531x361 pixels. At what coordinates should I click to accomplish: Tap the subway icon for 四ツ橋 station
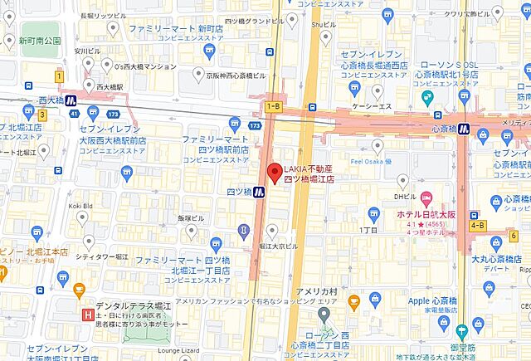[x=259, y=193]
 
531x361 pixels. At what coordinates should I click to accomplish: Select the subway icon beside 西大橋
[x=71, y=102]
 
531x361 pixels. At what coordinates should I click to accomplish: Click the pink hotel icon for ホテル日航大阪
[x=426, y=198]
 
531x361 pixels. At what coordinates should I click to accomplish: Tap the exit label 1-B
[x=273, y=106]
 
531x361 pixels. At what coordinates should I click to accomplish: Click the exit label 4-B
[x=478, y=225]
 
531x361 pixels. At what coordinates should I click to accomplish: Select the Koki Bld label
[x=81, y=205]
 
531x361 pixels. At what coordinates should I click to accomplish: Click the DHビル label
[x=404, y=197]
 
